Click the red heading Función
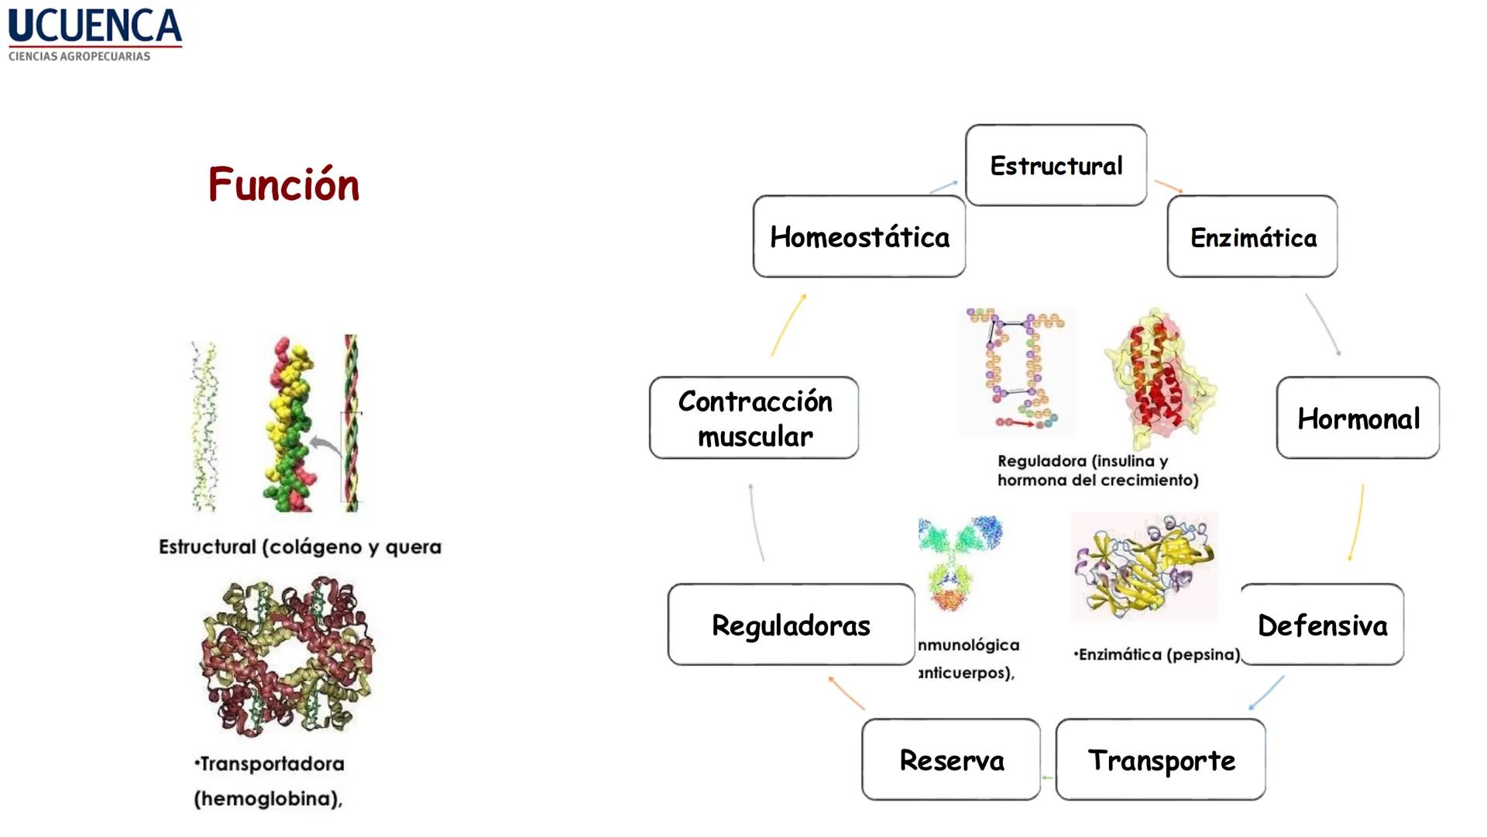tap(283, 184)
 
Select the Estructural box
tap(1056, 165)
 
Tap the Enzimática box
tap(1252, 237)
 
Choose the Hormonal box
tap(1358, 418)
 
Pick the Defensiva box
tap(1322, 625)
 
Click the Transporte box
tap(1160, 759)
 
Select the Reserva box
tap(951, 759)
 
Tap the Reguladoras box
tap(791, 625)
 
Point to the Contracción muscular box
tap(754, 418)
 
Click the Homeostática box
tap(859, 237)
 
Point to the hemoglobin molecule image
tap(287, 656)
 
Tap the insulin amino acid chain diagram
tap(1017, 370)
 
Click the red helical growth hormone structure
tap(1159, 377)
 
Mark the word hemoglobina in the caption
tap(267, 799)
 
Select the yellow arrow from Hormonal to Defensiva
tap(1356, 522)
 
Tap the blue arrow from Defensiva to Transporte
tap(1265, 693)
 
